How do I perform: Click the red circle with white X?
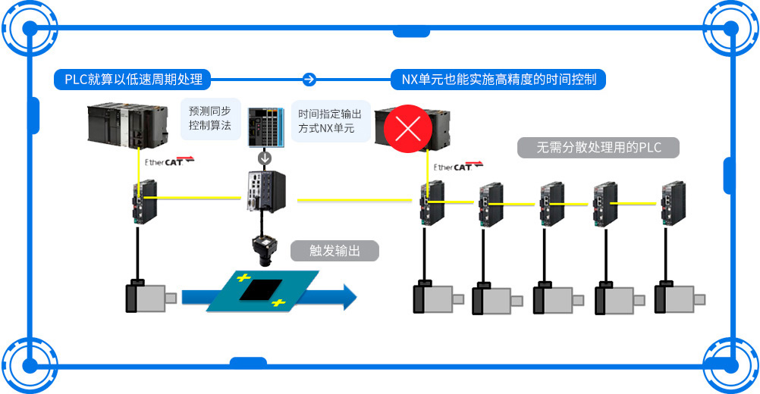[x=409, y=128]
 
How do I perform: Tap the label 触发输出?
[x=334, y=251]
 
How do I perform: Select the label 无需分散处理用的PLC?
[x=598, y=148]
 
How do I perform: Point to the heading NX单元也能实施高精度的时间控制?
[x=498, y=79]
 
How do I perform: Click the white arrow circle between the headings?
[x=309, y=79]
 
